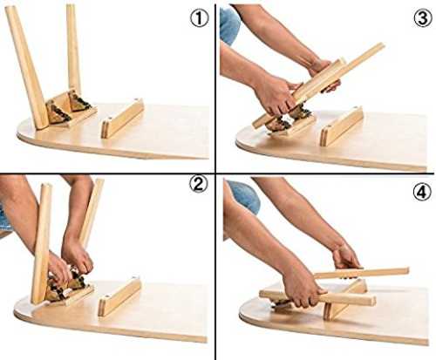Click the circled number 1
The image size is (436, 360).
[200, 18]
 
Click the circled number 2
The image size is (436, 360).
[199, 185]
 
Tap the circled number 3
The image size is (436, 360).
[423, 18]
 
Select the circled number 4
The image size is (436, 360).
[422, 193]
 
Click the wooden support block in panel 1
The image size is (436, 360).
[122, 118]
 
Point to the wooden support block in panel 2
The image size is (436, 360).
[119, 296]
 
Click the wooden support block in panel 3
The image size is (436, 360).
[342, 126]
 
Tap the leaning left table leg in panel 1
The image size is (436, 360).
[27, 67]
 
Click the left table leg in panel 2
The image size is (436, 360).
[42, 244]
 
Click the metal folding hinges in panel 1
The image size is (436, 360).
[68, 107]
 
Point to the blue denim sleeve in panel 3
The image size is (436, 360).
[229, 25]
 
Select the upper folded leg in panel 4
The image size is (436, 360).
[361, 273]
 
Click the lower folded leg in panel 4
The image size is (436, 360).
[317, 298]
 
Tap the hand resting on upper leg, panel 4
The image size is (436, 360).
[346, 257]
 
